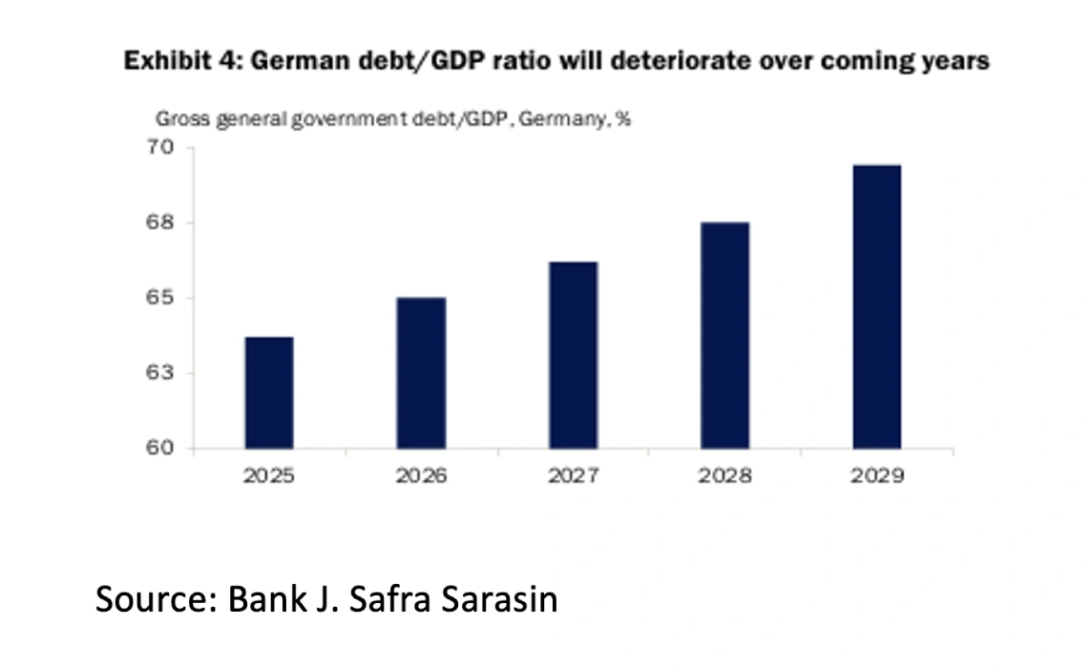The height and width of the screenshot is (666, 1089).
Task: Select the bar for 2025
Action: pyautogui.click(x=269, y=392)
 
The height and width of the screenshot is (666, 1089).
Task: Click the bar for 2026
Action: pyautogui.click(x=421, y=373)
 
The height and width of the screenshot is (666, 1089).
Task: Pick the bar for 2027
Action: pyautogui.click(x=573, y=355)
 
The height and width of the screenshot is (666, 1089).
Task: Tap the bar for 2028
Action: pyautogui.click(x=724, y=335)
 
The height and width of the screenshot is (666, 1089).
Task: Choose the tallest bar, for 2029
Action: pyautogui.click(x=876, y=306)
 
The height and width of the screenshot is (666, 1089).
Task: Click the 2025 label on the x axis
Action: pyautogui.click(x=269, y=475)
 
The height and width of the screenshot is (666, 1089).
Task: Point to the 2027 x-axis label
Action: pyautogui.click(x=573, y=475)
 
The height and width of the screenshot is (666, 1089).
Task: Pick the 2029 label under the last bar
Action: pyautogui.click(x=876, y=475)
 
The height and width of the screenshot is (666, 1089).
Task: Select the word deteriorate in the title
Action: pyautogui.click(x=714, y=62)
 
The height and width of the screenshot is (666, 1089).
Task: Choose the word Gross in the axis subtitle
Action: pyautogui.click(x=177, y=120)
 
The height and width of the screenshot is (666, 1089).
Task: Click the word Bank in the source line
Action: pyautogui.click(x=268, y=601)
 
